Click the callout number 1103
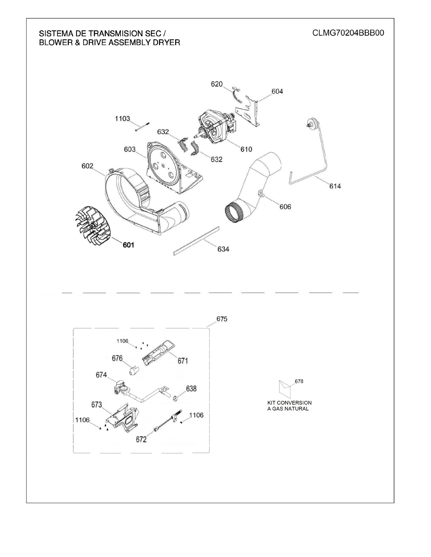(x=123, y=119)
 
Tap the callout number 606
(x=285, y=207)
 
